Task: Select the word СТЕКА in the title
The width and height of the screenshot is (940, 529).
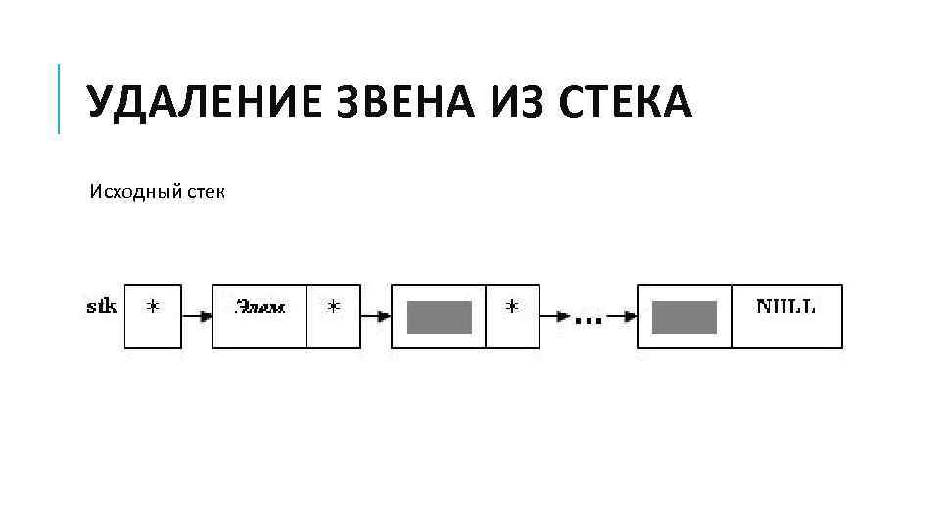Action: [x=626, y=103]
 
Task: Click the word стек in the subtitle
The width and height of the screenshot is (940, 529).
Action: [x=204, y=190]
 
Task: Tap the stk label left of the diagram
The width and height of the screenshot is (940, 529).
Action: [x=102, y=307]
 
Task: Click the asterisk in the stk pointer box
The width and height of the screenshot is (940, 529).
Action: [x=153, y=308]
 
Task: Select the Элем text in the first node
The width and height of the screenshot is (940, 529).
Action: [x=259, y=308]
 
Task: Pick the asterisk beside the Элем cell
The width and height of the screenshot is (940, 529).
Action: [x=334, y=308]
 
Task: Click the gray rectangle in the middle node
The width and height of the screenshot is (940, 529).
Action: [x=440, y=317]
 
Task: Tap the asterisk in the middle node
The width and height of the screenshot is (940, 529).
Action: [x=512, y=308]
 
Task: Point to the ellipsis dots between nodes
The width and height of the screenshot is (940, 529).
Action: [x=587, y=320]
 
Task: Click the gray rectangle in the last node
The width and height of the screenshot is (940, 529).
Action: [x=684, y=317]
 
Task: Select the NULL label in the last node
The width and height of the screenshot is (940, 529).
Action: [x=785, y=307]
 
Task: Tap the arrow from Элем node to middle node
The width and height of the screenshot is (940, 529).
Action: [x=376, y=316]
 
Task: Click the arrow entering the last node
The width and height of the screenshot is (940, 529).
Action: [x=623, y=316]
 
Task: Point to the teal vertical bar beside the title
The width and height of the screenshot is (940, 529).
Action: [x=60, y=98]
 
